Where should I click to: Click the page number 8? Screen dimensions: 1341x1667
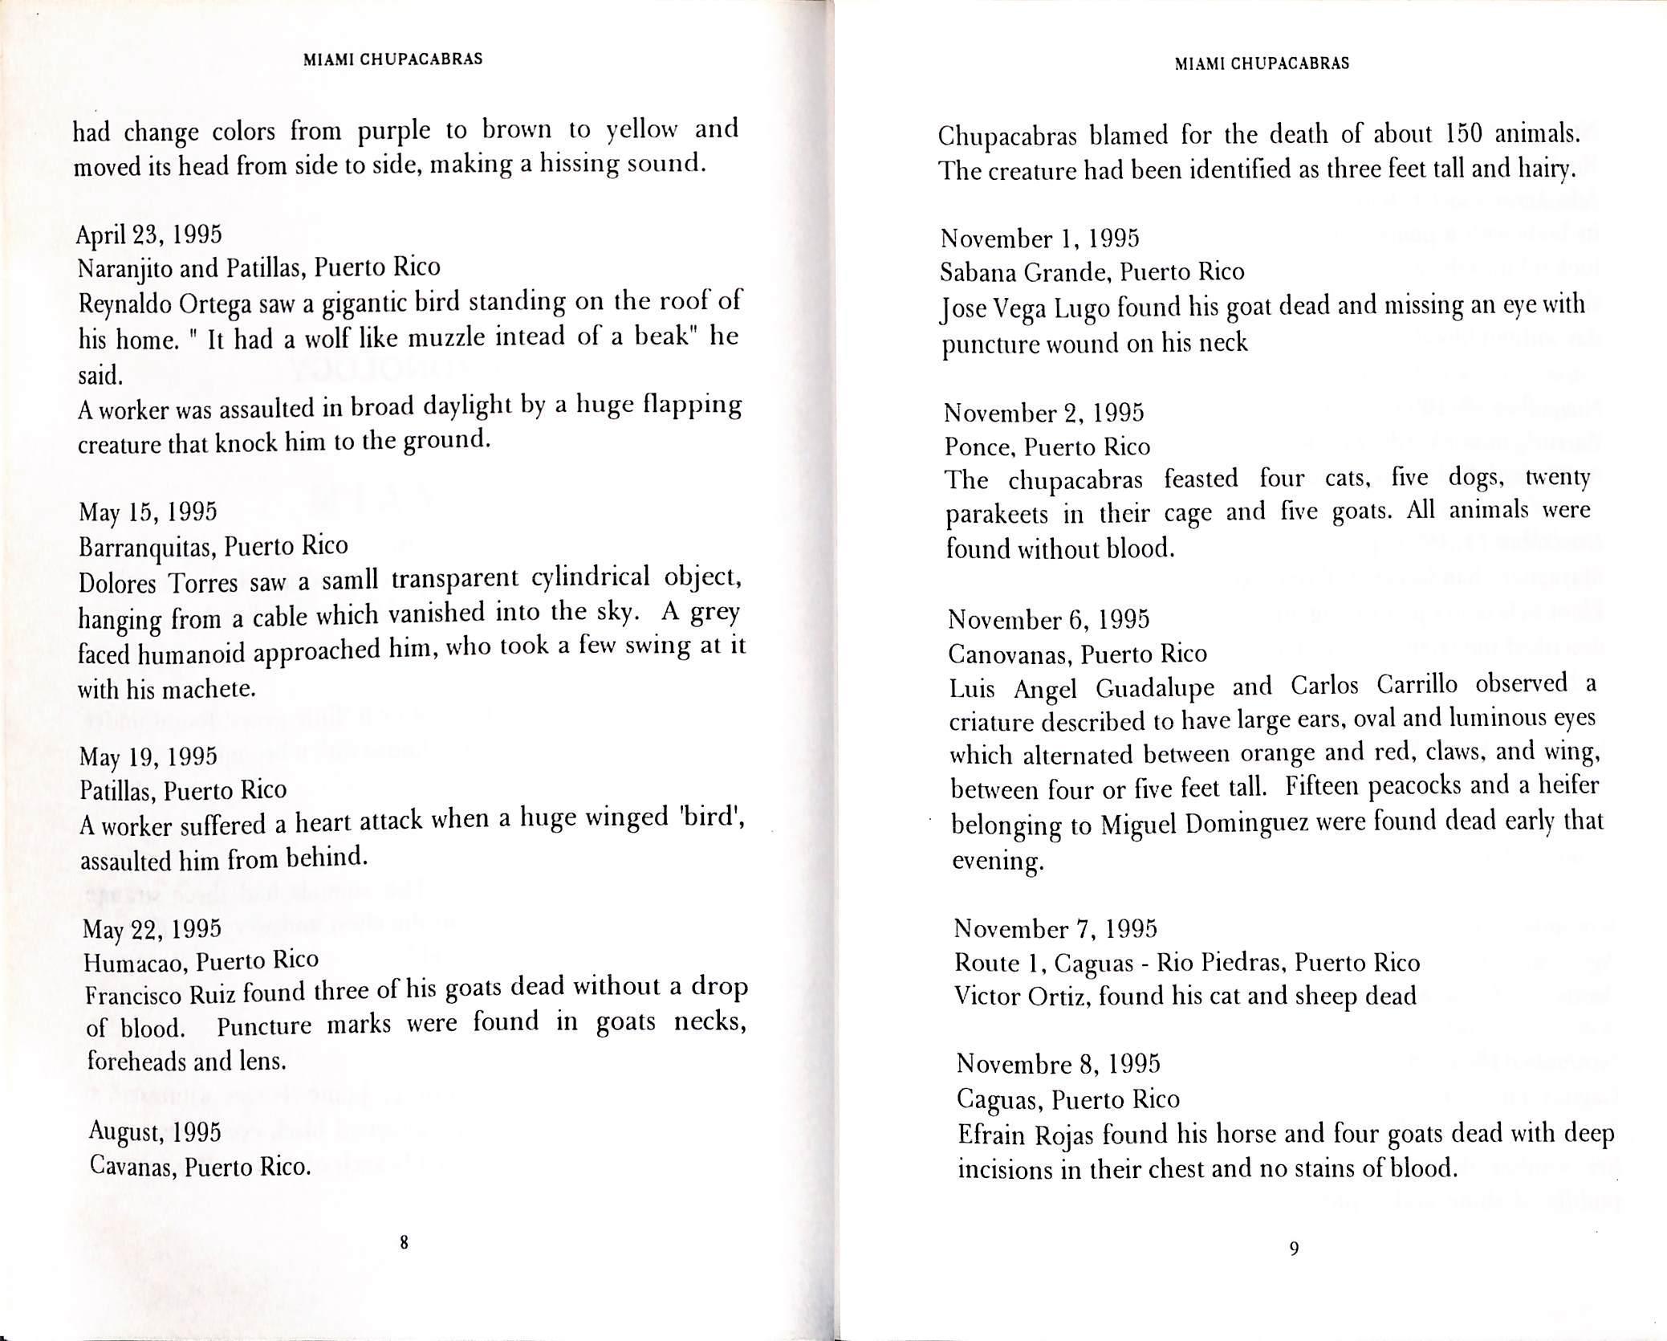point(405,1244)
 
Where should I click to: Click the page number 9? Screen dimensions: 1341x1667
point(1293,1248)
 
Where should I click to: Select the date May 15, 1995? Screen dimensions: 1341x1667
point(148,512)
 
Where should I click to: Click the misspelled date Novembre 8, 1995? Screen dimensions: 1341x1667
point(1058,1064)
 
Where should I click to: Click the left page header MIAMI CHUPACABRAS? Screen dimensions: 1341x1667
point(393,59)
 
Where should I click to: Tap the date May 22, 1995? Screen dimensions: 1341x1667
point(152,928)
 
